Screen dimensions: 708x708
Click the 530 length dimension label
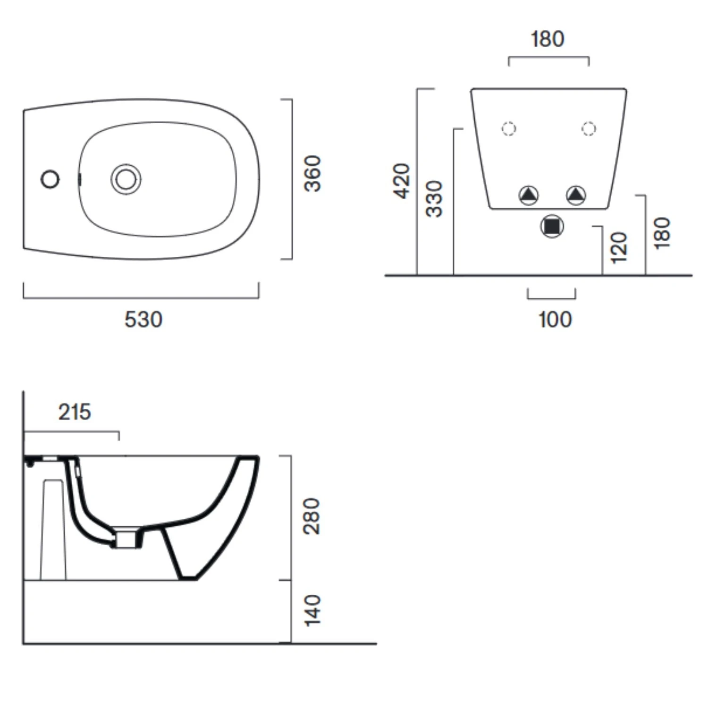[x=143, y=320]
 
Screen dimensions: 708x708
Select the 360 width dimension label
[x=312, y=174]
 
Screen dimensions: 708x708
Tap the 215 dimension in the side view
[x=75, y=412]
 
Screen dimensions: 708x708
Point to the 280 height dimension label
[x=312, y=516]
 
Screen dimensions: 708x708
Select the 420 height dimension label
[x=402, y=181]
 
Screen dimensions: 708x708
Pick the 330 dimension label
[x=434, y=199]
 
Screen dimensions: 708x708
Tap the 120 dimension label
[x=619, y=247]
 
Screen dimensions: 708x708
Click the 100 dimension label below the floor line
[x=555, y=320]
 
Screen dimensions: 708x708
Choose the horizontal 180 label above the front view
[x=548, y=39]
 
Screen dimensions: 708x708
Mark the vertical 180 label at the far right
[x=662, y=233]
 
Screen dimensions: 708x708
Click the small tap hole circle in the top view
[x=50, y=179]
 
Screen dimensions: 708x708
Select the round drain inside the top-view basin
[x=126, y=179]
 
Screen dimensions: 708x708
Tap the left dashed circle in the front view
[x=508, y=128]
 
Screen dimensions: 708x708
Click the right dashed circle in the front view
[x=589, y=128]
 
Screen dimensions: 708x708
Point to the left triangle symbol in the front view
[x=528, y=194]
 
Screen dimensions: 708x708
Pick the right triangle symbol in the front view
[x=576, y=194]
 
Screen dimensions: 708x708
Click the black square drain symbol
[x=552, y=227]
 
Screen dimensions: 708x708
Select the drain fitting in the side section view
[x=126, y=539]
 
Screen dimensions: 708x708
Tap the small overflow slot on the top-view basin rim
[x=79, y=179]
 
